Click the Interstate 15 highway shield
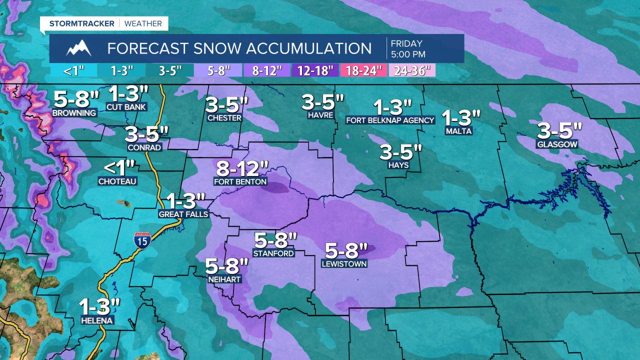coord(144,239)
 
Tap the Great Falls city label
coord(183,214)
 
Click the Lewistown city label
coord(344,263)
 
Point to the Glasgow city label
coord(557,144)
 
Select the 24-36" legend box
coord(412,70)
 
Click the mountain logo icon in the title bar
coord(79,48)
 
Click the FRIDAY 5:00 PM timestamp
coord(408,48)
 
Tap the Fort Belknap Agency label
coord(390,120)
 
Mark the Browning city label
coord(74,113)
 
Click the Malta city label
coord(458,131)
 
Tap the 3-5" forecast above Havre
coord(322,102)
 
